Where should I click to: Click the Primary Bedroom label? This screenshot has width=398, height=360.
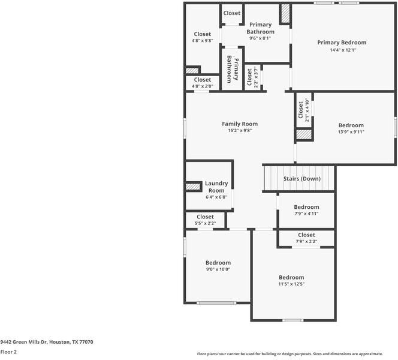342,43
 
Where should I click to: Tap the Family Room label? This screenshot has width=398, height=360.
240,124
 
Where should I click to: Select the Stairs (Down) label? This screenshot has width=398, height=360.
302,179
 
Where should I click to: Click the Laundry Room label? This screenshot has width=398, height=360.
216,187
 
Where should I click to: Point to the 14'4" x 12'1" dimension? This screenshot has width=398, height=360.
343,50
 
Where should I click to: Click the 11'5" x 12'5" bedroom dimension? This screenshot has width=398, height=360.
291,284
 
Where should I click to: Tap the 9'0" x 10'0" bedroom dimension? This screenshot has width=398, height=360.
218,269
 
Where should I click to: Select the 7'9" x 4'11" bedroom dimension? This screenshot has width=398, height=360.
306,214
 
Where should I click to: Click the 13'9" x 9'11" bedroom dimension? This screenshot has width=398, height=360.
351,131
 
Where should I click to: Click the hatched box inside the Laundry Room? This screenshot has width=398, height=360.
193,187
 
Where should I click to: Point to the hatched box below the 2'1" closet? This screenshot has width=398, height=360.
304,134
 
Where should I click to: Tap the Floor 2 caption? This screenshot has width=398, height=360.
8,352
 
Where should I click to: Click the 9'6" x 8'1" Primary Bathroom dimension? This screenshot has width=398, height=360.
260,38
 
